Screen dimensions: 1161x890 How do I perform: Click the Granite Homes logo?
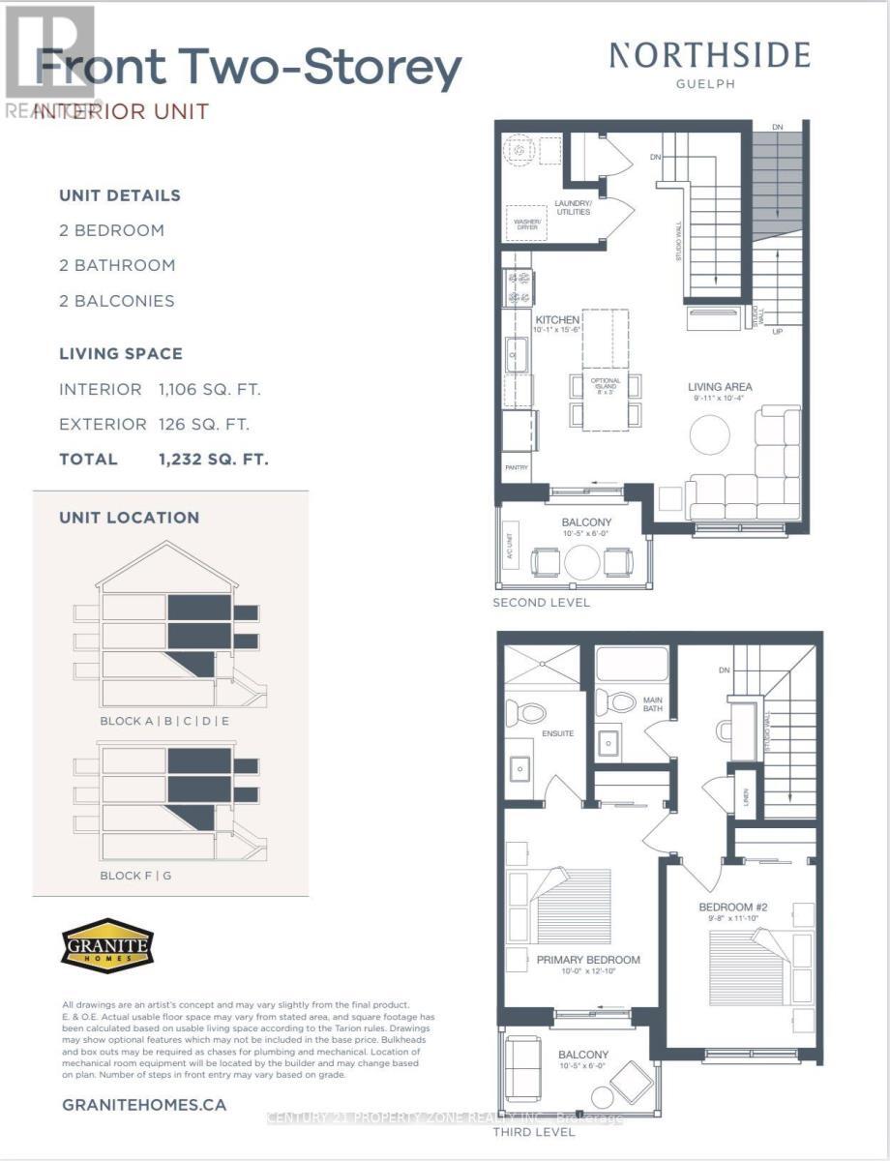[107, 942]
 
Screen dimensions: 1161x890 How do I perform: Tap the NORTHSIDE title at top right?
[709, 56]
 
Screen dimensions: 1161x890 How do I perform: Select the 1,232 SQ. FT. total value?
[214, 460]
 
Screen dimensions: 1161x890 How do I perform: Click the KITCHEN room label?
[558, 320]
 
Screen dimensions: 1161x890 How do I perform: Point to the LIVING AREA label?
[720, 387]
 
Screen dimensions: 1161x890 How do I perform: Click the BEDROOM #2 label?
[732, 908]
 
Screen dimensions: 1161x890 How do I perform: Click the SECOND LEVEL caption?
[542, 603]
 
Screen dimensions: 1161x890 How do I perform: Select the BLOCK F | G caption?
[136, 876]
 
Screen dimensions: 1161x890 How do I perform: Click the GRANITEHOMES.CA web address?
[144, 1104]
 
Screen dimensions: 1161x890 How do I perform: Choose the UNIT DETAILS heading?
[120, 195]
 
